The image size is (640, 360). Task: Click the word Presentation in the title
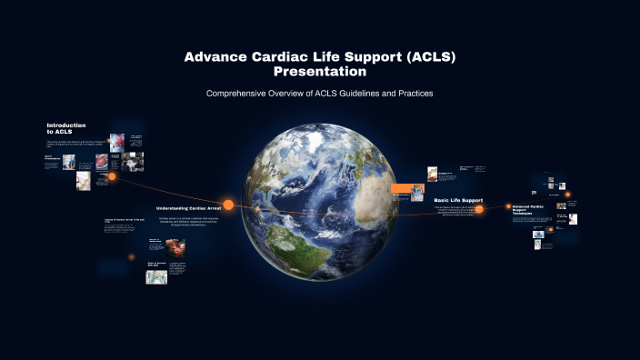(319, 72)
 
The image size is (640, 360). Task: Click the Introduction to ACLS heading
(66, 128)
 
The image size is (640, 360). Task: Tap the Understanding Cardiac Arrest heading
(189, 208)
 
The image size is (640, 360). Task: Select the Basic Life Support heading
(458, 200)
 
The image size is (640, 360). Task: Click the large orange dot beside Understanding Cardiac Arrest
(228, 205)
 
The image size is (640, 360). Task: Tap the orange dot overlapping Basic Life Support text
(483, 208)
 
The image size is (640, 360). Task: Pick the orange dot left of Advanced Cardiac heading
(506, 208)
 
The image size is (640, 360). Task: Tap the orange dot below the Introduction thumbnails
(112, 176)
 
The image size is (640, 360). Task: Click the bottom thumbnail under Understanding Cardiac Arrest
(156, 276)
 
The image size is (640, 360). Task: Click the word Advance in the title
(215, 56)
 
